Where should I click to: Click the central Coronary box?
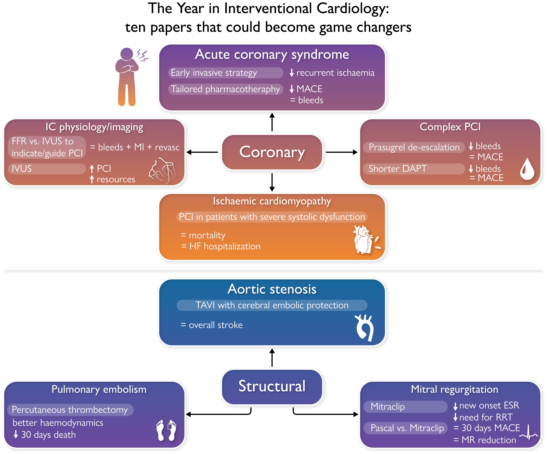click(x=272, y=152)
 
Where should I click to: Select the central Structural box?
click(x=272, y=386)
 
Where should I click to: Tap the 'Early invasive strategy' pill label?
click(x=226, y=73)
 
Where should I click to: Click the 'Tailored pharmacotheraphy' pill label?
click(x=226, y=89)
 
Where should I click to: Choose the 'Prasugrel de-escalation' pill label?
click(x=414, y=147)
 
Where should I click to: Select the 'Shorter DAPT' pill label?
click(x=414, y=169)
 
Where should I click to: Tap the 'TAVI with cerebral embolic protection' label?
click(x=272, y=305)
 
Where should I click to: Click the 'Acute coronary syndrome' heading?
click(x=272, y=55)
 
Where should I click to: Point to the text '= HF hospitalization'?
click(x=221, y=246)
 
